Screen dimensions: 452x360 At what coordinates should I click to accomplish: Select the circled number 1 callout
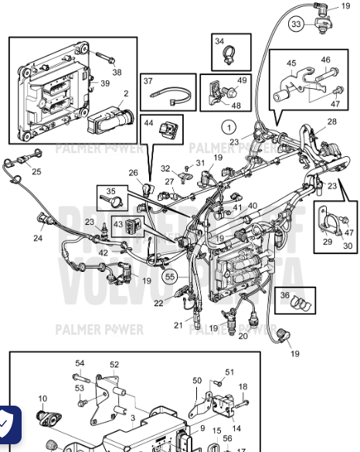tap(229, 126)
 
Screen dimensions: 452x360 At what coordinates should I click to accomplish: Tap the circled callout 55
tap(169, 274)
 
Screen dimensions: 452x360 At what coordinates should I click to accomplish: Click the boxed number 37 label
tap(148, 81)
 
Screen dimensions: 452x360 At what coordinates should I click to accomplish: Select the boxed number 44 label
tap(148, 122)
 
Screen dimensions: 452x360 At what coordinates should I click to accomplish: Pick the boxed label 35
tap(110, 192)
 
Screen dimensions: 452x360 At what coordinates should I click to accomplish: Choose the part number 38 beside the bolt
tap(117, 72)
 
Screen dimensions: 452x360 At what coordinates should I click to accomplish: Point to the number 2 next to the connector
tap(125, 93)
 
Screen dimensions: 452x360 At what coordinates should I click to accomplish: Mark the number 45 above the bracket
tap(291, 63)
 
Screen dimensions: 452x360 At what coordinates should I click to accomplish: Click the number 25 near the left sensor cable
tap(36, 171)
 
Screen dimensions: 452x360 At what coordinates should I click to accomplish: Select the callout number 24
tap(37, 238)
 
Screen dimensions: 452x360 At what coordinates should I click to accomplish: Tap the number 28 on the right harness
tap(331, 122)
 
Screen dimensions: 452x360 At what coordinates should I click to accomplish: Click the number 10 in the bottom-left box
tap(42, 399)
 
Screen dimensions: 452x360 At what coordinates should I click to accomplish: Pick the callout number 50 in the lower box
tap(196, 380)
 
